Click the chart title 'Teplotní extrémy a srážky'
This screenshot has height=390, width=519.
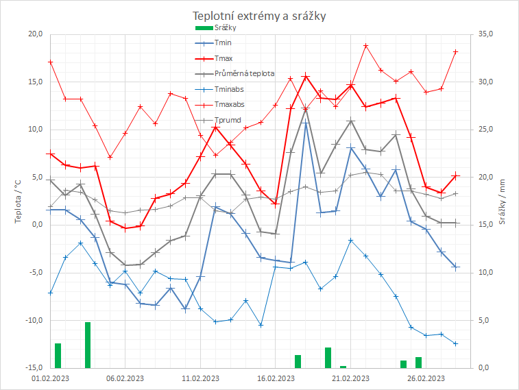[259, 16]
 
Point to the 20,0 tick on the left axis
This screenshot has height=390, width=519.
[35, 34]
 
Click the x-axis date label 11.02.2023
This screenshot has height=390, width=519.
[200, 378]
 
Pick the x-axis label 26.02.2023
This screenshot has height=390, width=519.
[425, 378]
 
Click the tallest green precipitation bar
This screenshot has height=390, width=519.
[88, 345]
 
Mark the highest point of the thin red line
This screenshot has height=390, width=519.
[366, 46]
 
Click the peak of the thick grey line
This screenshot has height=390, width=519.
[306, 110]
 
